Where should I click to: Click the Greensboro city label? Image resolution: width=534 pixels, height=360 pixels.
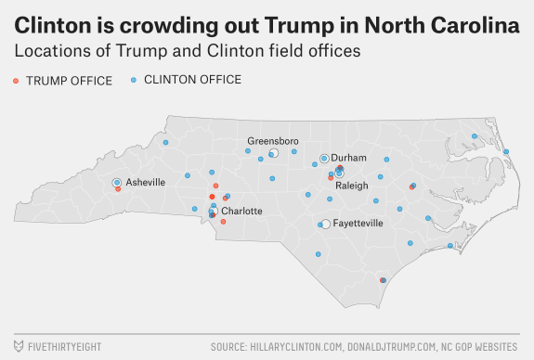273,141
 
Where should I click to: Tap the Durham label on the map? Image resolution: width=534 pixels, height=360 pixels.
348,158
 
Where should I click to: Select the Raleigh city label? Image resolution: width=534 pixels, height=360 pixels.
352,186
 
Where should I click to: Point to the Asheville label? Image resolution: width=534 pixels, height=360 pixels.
146,183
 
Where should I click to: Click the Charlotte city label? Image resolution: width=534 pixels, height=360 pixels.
241,211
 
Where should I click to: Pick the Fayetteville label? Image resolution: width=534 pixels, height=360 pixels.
358,224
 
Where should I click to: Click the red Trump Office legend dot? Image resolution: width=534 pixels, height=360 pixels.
16,81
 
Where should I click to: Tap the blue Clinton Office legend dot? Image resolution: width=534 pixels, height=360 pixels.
134,80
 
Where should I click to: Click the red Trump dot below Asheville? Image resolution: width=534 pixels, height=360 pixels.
118,189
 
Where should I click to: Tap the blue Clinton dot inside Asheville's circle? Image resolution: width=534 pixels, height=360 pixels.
117,183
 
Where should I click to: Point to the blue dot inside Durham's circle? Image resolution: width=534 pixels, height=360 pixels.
324,159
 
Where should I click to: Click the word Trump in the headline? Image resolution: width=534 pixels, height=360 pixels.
299,25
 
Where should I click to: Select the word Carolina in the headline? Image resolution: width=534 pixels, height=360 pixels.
475,25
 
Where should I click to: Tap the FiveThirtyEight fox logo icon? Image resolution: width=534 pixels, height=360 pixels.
19,346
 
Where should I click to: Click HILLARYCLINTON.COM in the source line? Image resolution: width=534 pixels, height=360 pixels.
296,347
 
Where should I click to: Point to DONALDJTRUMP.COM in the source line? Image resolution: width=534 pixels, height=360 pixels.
392,347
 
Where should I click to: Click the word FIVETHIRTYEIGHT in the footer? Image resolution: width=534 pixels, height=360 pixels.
65,347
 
